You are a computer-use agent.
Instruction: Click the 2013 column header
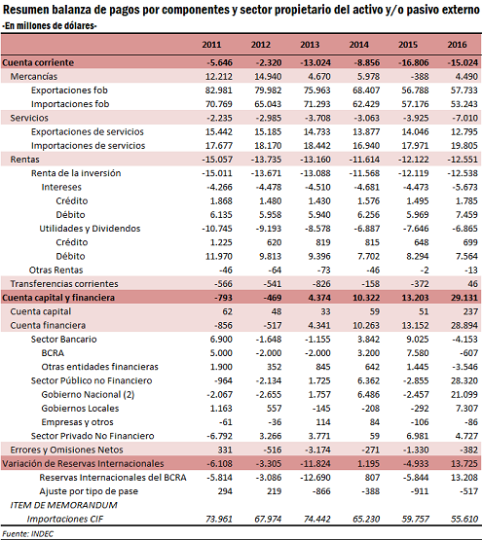pyautogui.click(x=310, y=45)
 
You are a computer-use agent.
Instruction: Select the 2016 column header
pyautogui.click(x=458, y=45)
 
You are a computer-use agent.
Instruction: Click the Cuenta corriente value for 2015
pyautogui.click(x=414, y=62)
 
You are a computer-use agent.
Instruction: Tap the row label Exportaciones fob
pyautogui.click(x=69, y=90)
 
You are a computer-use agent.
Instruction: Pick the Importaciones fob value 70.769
pyautogui.click(x=219, y=104)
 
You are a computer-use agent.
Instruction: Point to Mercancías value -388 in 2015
pyautogui.click(x=420, y=77)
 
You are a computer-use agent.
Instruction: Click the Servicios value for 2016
pyautogui.click(x=465, y=118)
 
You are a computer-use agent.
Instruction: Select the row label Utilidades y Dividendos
pyautogui.click(x=90, y=229)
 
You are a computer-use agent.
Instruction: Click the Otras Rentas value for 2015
pyautogui.click(x=425, y=270)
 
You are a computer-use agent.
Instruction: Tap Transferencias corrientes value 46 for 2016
pyautogui.click(x=473, y=284)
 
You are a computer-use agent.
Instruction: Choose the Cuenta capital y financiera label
pyautogui.click(x=58, y=298)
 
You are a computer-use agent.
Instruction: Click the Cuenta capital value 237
pyautogui.click(x=470, y=311)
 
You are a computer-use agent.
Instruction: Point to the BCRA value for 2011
pyautogui.click(x=221, y=353)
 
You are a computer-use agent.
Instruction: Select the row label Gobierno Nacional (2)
pyautogui.click(x=88, y=394)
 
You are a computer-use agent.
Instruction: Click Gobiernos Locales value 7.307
pyautogui.click(x=466, y=408)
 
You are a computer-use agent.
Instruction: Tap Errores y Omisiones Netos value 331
pyautogui.click(x=225, y=450)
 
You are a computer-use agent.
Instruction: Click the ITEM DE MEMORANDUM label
pyautogui.click(x=64, y=505)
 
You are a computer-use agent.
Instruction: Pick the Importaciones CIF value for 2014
pyautogui.click(x=366, y=519)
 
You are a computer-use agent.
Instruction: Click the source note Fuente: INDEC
pyautogui.click(x=28, y=534)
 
